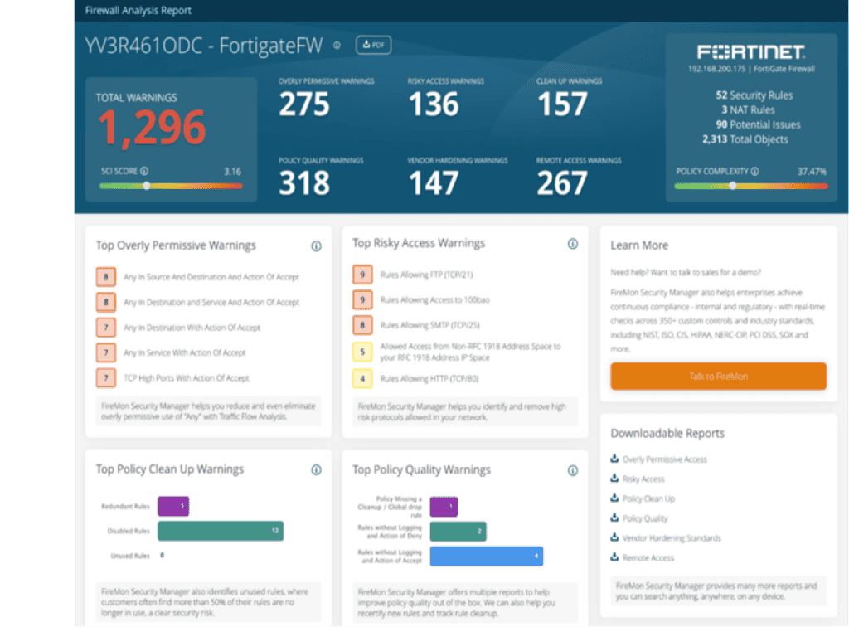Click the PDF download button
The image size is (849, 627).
373,46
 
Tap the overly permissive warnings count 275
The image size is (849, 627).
303,104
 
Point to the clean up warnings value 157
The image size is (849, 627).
562,104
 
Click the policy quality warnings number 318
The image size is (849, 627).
303,183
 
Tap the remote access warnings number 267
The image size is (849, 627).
562,183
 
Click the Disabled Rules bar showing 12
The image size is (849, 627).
220,531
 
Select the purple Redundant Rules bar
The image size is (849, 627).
172,505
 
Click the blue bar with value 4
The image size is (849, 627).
486,556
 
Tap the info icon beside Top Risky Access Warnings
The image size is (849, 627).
572,244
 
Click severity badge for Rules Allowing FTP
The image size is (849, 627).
361,275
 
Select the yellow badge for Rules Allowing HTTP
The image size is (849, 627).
361,378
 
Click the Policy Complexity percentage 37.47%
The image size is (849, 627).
811,171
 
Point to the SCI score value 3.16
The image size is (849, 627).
233,172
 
